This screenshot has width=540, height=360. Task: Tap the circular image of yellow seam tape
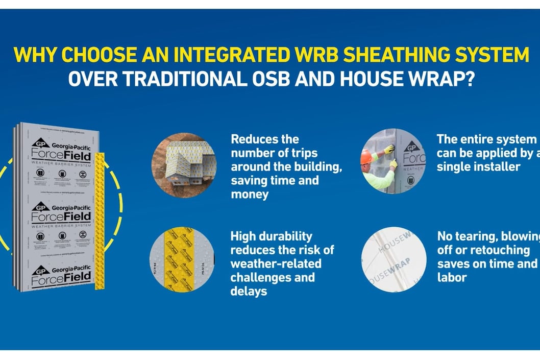[182, 260]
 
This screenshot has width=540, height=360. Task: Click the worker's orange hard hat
[366, 157]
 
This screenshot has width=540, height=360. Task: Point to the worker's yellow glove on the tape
[389, 150]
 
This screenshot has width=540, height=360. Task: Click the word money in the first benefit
[250, 195]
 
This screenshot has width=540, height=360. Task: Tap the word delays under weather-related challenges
[249, 292]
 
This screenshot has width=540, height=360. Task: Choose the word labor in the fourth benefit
[452, 278]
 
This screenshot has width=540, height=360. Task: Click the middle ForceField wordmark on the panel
[61, 217]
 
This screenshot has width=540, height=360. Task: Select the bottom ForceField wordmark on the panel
[61, 279]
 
